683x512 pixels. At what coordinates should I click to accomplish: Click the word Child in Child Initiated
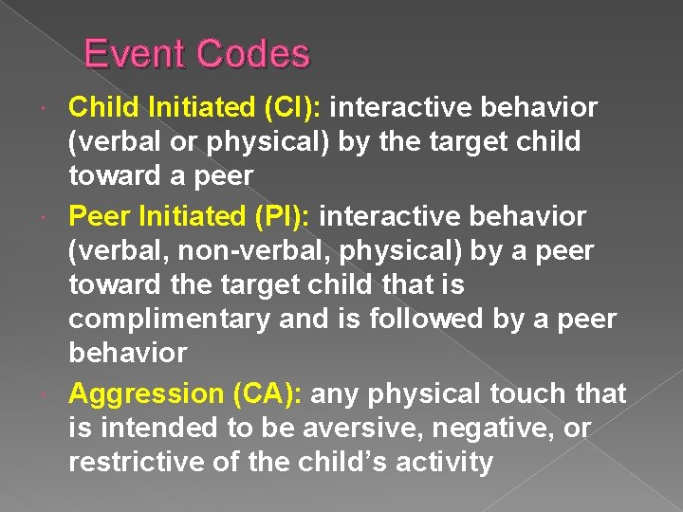[101, 108]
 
